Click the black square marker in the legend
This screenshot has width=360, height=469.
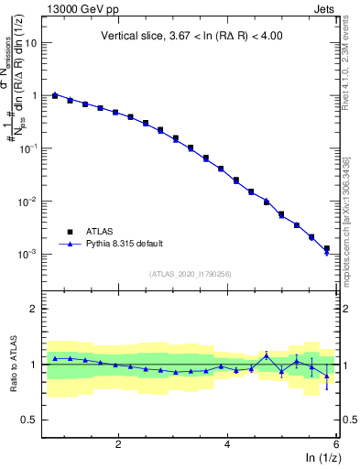tap(69, 232)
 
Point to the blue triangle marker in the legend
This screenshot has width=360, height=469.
tap(69, 244)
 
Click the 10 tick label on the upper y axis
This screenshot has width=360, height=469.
tap(31, 43)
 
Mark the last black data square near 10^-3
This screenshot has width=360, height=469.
tap(327, 248)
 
